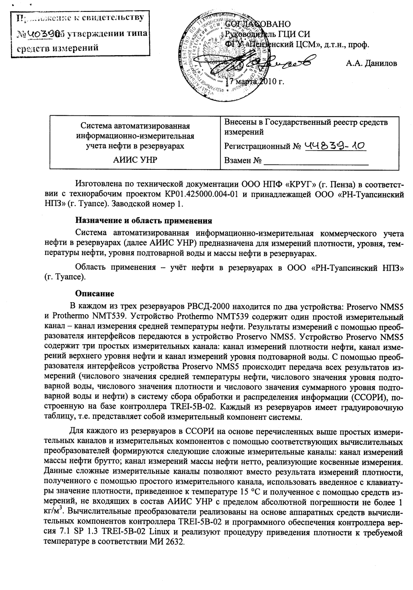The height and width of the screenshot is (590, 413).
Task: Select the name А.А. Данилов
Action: click(371, 63)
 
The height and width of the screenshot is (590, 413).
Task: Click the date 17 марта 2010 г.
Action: click(255, 81)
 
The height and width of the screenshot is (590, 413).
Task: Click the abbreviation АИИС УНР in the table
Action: click(135, 160)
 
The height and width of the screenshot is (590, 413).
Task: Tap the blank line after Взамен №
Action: click(316, 161)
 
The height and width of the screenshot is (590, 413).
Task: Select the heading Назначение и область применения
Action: click(144, 220)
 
